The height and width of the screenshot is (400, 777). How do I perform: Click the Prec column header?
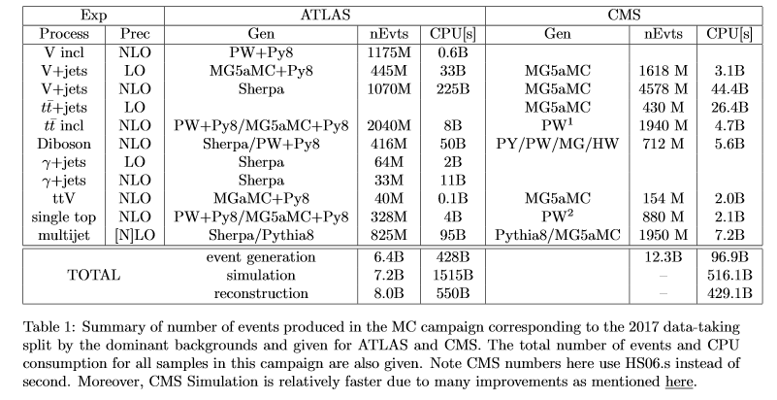click(135, 34)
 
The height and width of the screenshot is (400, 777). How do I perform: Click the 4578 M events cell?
click(664, 89)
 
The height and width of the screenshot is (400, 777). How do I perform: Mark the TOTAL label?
click(93, 275)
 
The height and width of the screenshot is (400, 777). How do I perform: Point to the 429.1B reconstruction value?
click(729, 292)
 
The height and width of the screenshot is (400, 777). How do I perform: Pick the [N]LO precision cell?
click(135, 236)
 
